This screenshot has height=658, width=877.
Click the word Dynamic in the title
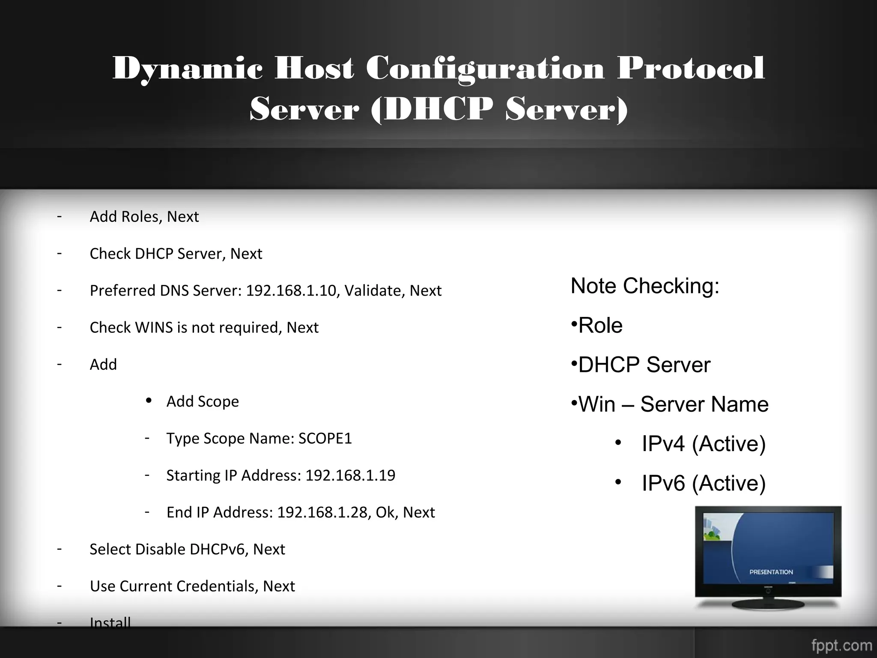pos(187,69)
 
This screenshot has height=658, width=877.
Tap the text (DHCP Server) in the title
pos(499,109)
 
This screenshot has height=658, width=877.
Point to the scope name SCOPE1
pos(325,439)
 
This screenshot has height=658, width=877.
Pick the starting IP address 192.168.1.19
pos(350,476)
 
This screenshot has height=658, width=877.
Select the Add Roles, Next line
pos(144,217)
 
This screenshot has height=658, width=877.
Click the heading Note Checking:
pos(645,286)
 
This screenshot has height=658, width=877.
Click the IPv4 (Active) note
pos(703,444)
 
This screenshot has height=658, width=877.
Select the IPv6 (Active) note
pos(703,483)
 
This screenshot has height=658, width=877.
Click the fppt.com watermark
pos(841,645)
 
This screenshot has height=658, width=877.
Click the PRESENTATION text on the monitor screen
pos(771,572)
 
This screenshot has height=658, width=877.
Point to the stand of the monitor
pos(768,603)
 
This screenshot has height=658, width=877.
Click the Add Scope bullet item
pos(203,402)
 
